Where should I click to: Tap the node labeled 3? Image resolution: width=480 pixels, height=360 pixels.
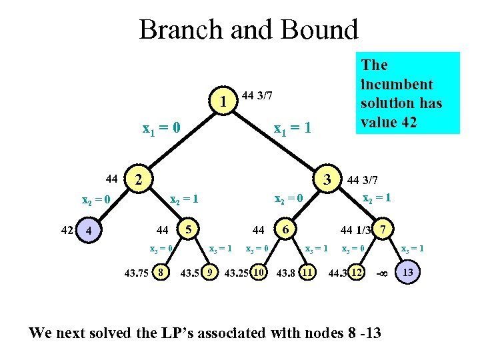point(327,179)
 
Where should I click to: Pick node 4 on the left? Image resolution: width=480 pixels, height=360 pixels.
point(89,231)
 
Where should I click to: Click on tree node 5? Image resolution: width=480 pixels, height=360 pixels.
point(189,229)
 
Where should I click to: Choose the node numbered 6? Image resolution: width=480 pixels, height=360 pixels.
point(285,229)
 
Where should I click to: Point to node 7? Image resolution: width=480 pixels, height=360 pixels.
point(382,229)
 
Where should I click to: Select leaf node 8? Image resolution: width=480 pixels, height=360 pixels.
point(161,273)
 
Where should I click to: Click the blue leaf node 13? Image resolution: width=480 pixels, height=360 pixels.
point(408,272)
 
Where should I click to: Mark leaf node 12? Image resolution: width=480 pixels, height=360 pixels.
point(357,273)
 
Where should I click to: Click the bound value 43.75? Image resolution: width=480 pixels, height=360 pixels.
point(137,273)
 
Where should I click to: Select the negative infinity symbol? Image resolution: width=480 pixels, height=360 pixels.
point(382,273)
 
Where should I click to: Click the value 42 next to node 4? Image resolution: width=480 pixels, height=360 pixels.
point(67,231)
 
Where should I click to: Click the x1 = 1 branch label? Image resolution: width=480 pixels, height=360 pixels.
point(293,127)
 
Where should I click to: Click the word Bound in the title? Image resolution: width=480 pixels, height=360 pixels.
point(321,29)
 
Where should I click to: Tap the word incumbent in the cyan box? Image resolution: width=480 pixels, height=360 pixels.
point(397,85)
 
